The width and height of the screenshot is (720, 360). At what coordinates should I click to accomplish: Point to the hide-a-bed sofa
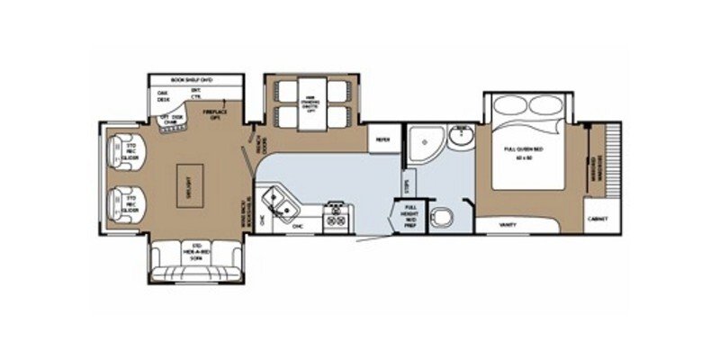[x=194, y=254]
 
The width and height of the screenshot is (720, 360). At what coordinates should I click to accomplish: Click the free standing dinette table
[x=310, y=104]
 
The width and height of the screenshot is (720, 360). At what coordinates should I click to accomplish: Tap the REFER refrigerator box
[x=382, y=139]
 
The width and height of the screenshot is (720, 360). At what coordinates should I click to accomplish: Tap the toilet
[x=442, y=217]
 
